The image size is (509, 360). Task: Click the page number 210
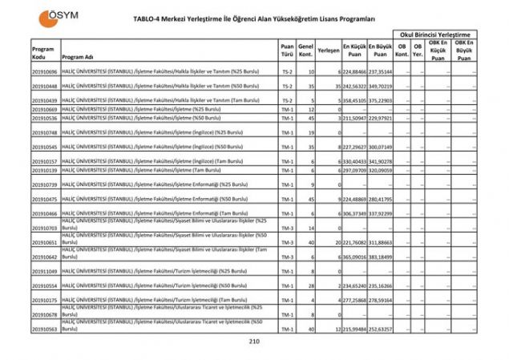point(255,342)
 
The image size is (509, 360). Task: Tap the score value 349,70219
point(382,86)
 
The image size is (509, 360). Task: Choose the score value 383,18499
point(382,257)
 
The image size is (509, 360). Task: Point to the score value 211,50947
point(355,118)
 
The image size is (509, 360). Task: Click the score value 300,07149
point(382,147)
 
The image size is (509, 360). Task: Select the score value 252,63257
point(382,329)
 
